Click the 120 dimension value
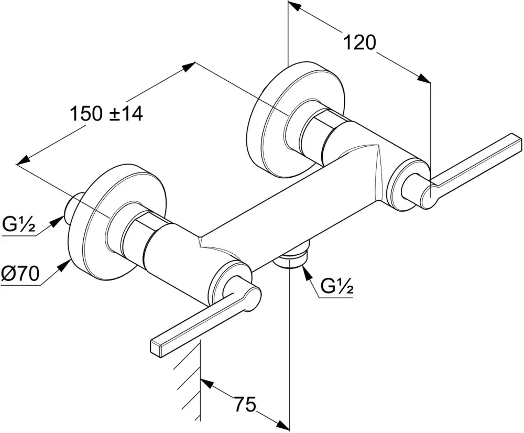point(359,42)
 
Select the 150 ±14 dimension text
point(106,113)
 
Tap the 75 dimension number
point(244,404)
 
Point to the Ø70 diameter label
point(20,275)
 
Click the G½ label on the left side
point(19,226)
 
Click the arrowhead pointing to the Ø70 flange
point(63,264)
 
